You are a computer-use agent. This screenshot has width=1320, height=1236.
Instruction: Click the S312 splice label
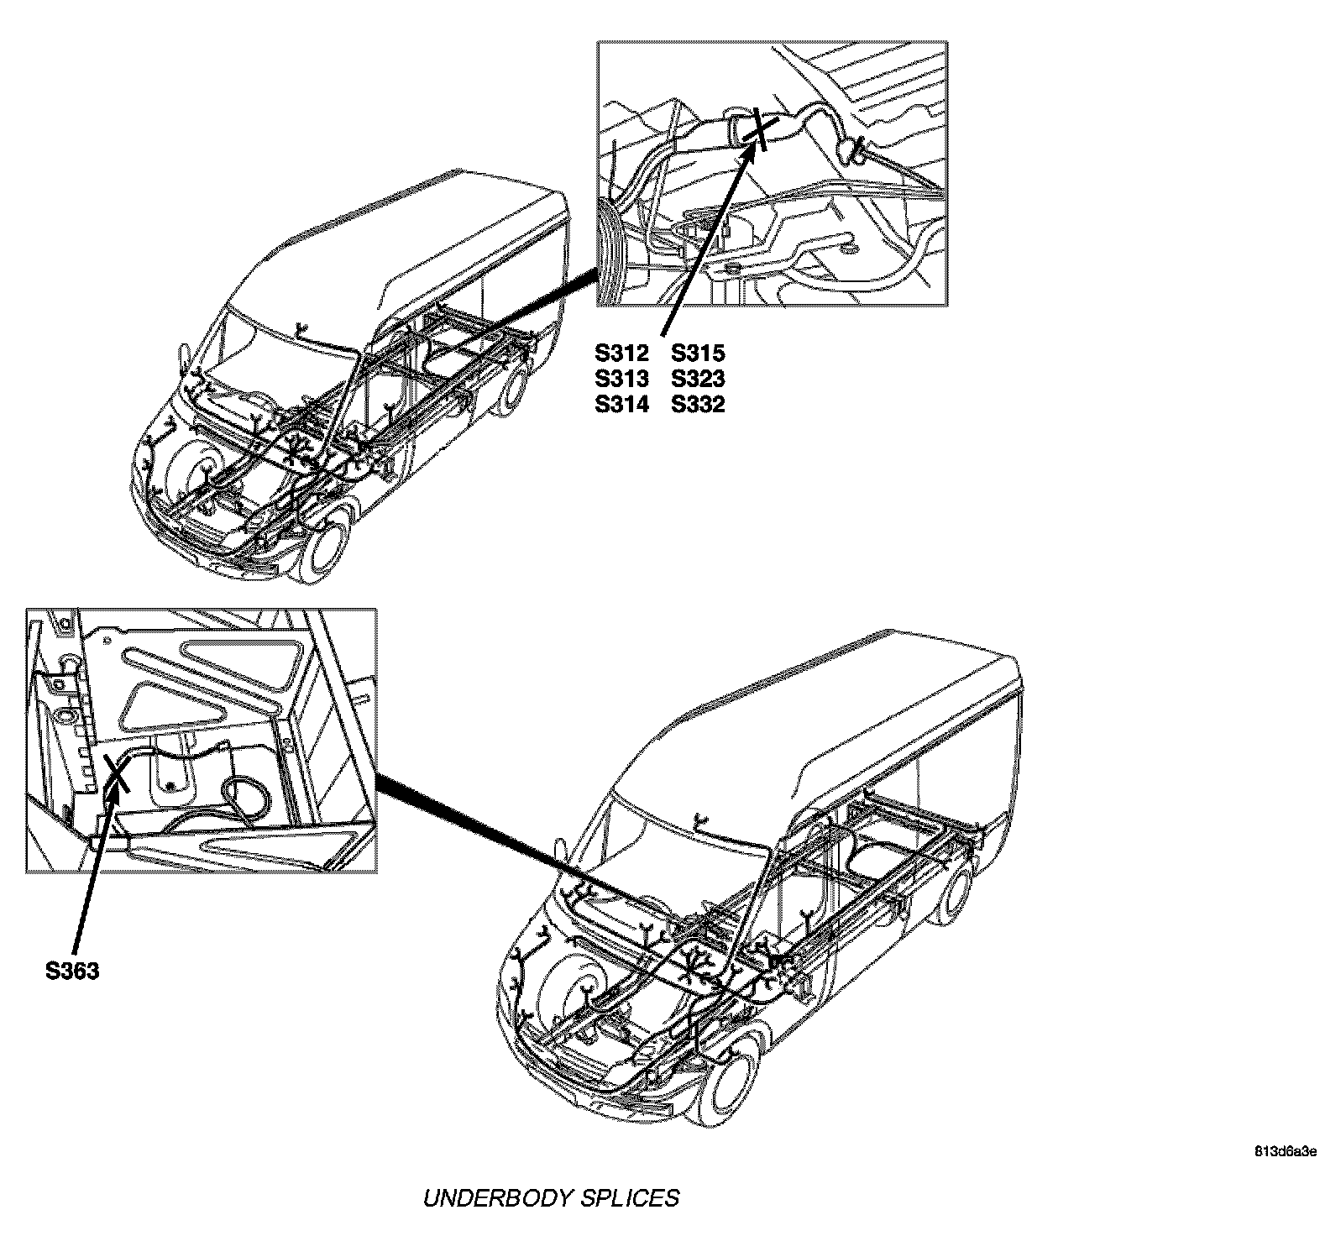point(621,354)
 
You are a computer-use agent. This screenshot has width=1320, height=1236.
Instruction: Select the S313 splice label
point(621,379)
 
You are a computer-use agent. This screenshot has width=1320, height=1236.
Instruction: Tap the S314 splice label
point(621,405)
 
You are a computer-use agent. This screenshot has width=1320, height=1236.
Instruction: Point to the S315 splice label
point(698,354)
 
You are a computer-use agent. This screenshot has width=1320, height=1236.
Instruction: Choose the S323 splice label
point(698,379)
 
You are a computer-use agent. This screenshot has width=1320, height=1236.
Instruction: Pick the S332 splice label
point(698,405)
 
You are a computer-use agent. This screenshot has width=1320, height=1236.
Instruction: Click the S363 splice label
point(72,972)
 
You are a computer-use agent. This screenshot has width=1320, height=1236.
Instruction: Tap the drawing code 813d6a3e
point(1286,1151)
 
